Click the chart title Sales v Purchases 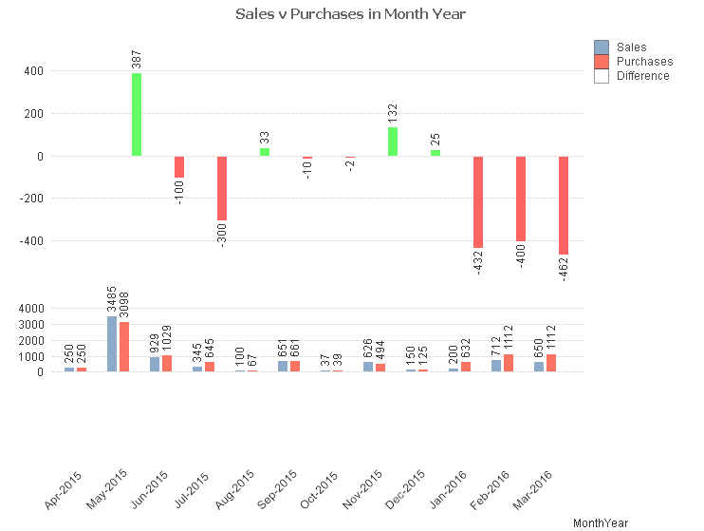click(x=351, y=14)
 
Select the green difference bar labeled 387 click(x=137, y=114)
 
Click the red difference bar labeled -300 click(x=222, y=188)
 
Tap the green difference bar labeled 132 click(x=393, y=142)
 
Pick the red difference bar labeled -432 click(x=478, y=201)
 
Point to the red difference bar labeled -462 click(x=564, y=205)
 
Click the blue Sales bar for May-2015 click(x=112, y=344)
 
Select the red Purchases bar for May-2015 click(x=123, y=347)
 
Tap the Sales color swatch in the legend click(x=602, y=47)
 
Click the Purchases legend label click(x=644, y=62)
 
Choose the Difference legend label click(x=642, y=76)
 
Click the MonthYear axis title click(x=601, y=522)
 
